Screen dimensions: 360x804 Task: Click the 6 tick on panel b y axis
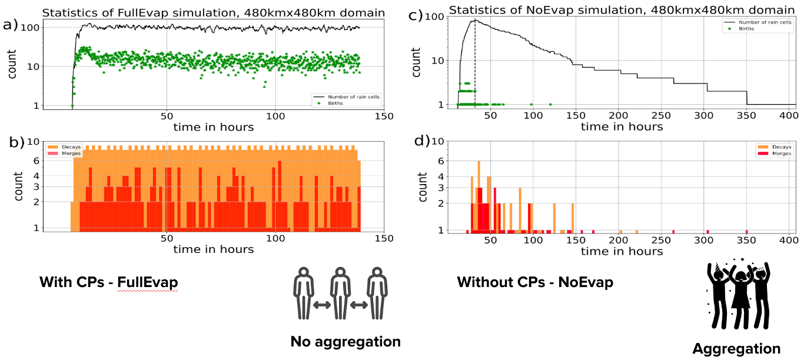[36, 161]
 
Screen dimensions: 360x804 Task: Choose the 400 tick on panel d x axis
[788, 240]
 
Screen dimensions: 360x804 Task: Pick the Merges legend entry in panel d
[781, 154]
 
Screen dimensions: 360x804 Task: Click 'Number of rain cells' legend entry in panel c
[757, 22]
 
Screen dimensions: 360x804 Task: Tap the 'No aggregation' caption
[345, 341]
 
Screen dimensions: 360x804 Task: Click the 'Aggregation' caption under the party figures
[736, 349]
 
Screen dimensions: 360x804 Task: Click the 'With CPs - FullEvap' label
[108, 282]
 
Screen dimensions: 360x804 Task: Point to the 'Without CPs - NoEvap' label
[534, 282]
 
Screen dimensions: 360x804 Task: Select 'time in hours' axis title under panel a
[214, 127]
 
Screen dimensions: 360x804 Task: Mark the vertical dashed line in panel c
[475, 65]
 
